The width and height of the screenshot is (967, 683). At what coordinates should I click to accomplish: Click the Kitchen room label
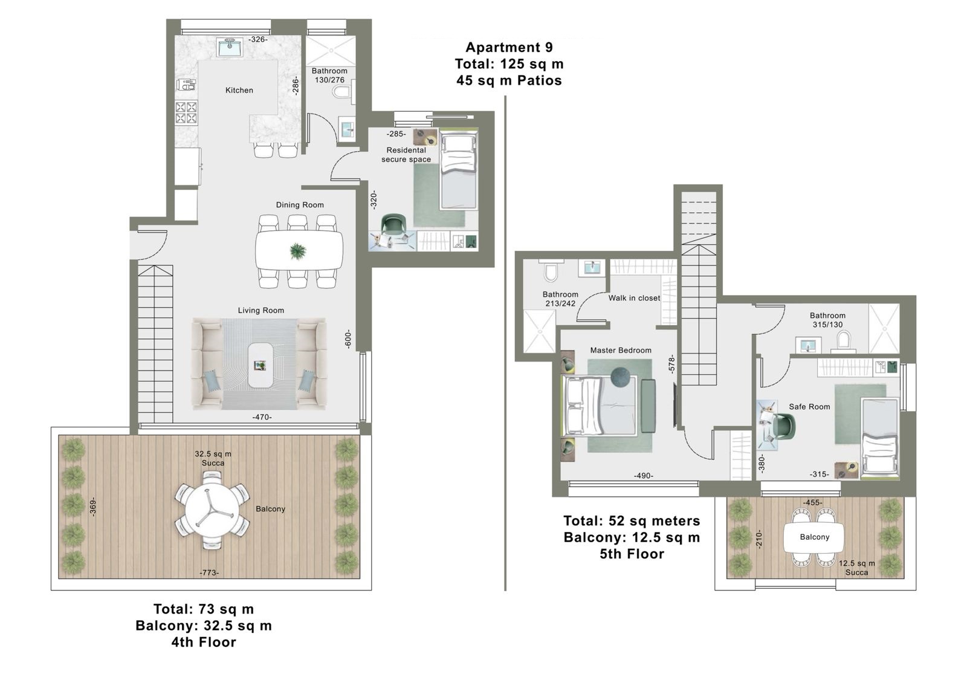(x=239, y=90)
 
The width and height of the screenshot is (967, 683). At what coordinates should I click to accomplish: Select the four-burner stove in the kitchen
(x=186, y=112)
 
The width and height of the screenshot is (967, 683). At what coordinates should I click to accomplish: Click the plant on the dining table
(x=298, y=251)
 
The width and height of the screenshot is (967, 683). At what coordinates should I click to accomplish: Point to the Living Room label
(x=260, y=311)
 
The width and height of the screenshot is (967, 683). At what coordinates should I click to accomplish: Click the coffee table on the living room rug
(x=260, y=365)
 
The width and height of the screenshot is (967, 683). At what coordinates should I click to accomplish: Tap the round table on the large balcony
(x=212, y=510)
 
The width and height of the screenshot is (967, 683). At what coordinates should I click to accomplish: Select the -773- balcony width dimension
(x=209, y=573)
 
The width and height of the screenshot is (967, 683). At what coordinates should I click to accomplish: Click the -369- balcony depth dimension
(x=93, y=507)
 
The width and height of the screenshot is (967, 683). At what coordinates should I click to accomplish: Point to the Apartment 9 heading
(x=509, y=47)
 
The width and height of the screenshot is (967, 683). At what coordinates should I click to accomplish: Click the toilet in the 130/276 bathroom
(x=342, y=91)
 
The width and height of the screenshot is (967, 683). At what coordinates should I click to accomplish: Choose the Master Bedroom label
(x=621, y=351)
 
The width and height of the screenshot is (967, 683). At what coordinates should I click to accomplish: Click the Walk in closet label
(x=634, y=298)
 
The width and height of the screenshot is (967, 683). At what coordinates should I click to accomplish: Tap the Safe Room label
(x=809, y=407)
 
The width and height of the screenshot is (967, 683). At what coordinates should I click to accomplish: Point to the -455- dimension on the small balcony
(x=812, y=502)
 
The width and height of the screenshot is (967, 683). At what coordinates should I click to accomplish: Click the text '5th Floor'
(x=632, y=554)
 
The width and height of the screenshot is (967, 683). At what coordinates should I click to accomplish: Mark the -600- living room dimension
(x=348, y=339)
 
